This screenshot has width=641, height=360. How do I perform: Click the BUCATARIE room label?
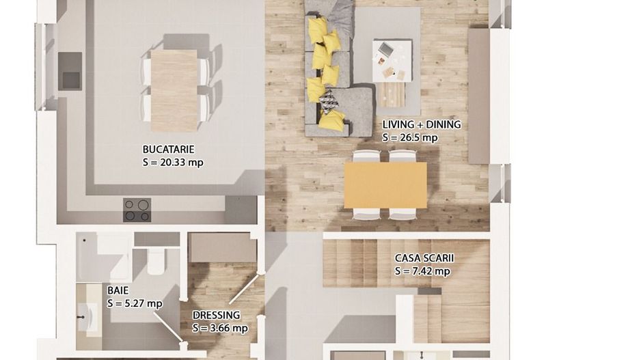click(168, 150)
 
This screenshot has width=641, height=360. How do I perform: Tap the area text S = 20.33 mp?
click(173, 163)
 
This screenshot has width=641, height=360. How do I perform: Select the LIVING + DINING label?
click(422, 124)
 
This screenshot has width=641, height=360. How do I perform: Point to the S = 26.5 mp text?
click(410, 138)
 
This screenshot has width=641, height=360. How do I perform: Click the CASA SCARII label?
click(424, 258)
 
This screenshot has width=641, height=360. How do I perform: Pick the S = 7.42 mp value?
click(422, 271)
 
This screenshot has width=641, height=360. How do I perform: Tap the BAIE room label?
click(118, 290)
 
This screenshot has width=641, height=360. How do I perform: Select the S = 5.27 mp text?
click(135, 303)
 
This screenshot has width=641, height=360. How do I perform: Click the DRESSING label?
click(216, 316)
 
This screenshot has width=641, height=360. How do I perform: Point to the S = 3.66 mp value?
click(220, 328)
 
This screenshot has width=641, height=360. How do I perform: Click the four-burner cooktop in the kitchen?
click(137, 210)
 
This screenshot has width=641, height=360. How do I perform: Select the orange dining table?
click(385, 185)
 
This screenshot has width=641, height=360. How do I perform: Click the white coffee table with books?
click(392, 61)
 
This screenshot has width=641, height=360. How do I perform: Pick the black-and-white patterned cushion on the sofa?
click(328, 101)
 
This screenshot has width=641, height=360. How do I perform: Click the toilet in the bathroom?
click(155, 261)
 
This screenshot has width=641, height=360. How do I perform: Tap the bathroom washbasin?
click(87, 318)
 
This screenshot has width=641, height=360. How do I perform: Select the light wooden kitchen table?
click(174, 90)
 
